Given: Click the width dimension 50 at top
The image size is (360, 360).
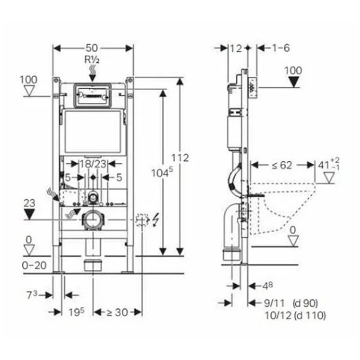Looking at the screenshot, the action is click(x=92, y=48).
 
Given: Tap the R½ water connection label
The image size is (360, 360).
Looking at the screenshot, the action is click(x=92, y=59).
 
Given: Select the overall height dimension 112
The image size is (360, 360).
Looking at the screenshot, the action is click(x=180, y=158).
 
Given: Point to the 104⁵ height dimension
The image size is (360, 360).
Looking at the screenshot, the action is click(x=162, y=172).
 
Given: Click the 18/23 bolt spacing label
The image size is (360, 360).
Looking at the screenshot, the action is click(x=93, y=164).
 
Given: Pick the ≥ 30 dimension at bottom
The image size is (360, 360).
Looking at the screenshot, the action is click(x=118, y=312).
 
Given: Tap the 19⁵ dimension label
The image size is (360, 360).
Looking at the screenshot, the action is click(x=77, y=312).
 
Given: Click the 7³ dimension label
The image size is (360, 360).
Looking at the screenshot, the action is click(x=32, y=295).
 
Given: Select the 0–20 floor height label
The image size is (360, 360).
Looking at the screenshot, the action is click(x=34, y=265).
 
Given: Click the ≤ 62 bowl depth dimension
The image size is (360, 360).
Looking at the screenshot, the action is click(x=282, y=166).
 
